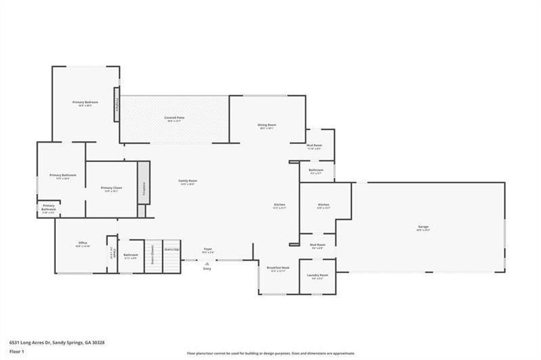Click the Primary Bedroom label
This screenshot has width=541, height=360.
coord(85,103)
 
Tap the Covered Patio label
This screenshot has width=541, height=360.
coord(174,118)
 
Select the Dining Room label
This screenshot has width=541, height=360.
coord(267,125)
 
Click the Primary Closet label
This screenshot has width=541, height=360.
coord(112,188)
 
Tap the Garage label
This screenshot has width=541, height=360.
coord(423,227)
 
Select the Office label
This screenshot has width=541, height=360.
coord(83,243)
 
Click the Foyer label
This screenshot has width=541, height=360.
coord(208,250)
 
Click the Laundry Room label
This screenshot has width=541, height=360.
coord(317,275)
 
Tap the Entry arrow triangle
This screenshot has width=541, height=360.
coord(207,263)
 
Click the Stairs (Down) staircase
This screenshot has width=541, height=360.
coord(153,257)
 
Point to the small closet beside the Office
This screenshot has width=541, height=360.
coord(112,254)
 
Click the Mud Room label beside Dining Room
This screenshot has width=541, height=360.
coord(314,146)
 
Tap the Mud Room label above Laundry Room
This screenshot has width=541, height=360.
coord(317,245)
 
